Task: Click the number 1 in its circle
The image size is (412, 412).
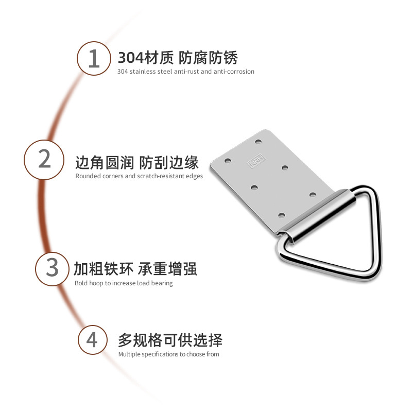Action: coord(93,58)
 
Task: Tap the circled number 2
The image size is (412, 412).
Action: coord(45,159)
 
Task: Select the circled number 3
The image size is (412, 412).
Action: coord(53,267)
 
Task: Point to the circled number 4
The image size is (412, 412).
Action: coord(92,340)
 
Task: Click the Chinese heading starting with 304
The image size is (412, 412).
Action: coord(178,57)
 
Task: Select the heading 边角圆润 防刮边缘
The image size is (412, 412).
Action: coord(137,163)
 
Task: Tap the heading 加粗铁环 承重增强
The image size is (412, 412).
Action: coord(135,269)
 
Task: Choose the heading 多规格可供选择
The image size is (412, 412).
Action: coord(170,340)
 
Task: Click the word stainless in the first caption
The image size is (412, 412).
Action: coord(142,72)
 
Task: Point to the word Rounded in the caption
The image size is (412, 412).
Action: coord(88,176)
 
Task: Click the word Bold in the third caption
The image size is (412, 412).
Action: coord(81,283)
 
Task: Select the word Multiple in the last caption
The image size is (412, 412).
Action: coord(130,354)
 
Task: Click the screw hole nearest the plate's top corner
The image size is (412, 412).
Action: coord(259,141)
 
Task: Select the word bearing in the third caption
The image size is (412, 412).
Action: coord(162,283)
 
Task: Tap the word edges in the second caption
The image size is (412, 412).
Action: coord(195,176)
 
